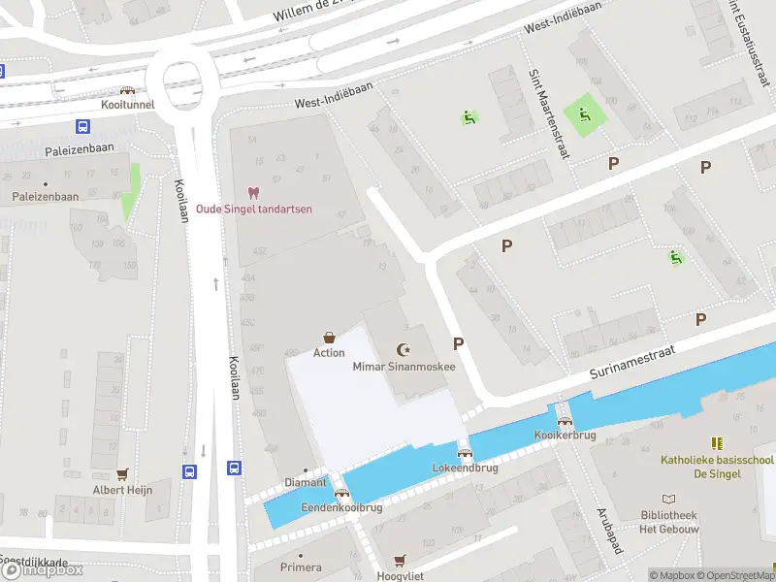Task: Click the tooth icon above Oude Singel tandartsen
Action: [x=254, y=193]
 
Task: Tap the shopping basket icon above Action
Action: [x=329, y=338]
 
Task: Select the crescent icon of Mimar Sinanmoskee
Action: [x=404, y=350]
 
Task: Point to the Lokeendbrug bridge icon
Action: [x=465, y=452]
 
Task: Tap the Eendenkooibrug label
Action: [x=341, y=507]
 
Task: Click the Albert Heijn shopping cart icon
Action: [x=122, y=474]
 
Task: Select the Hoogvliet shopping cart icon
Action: [x=400, y=561]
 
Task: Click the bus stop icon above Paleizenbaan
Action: [x=83, y=126]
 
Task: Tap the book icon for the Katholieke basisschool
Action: [x=717, y=443]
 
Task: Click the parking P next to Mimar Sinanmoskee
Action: [x=458, y=343]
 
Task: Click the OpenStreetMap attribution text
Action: [x=735, y=575]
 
